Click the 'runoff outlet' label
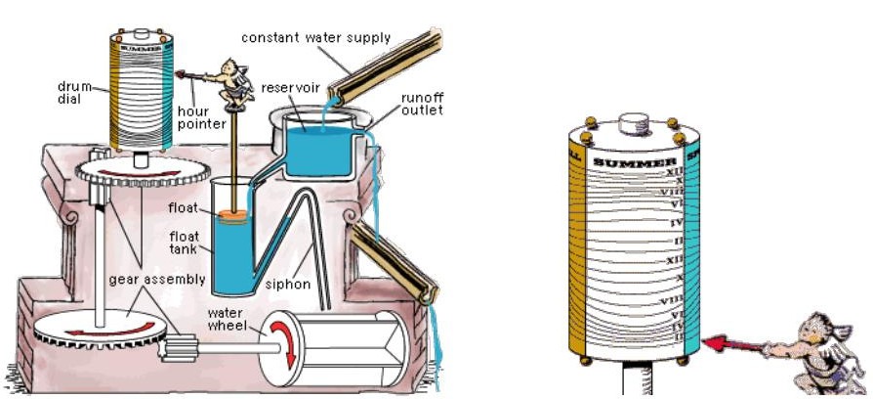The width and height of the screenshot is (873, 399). click(422, 104)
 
